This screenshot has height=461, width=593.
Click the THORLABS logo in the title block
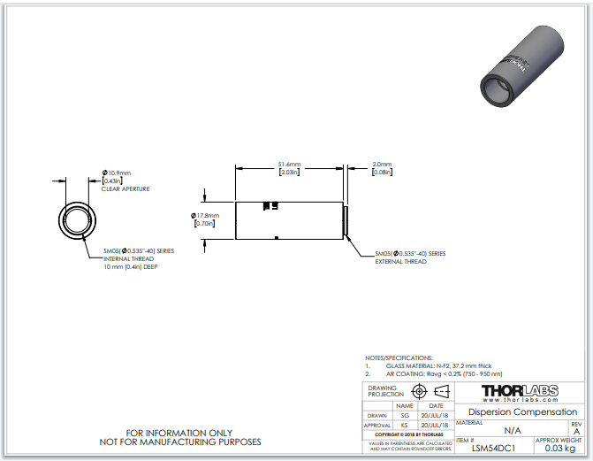click(519, 392)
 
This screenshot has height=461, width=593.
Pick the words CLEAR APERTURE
click(125, 189)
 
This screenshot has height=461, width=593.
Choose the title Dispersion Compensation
click(522, 412)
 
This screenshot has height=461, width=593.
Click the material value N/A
click(512, 430)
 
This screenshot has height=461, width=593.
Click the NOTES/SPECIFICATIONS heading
click(399, 357)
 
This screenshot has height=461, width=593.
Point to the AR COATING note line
click(438, 373)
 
